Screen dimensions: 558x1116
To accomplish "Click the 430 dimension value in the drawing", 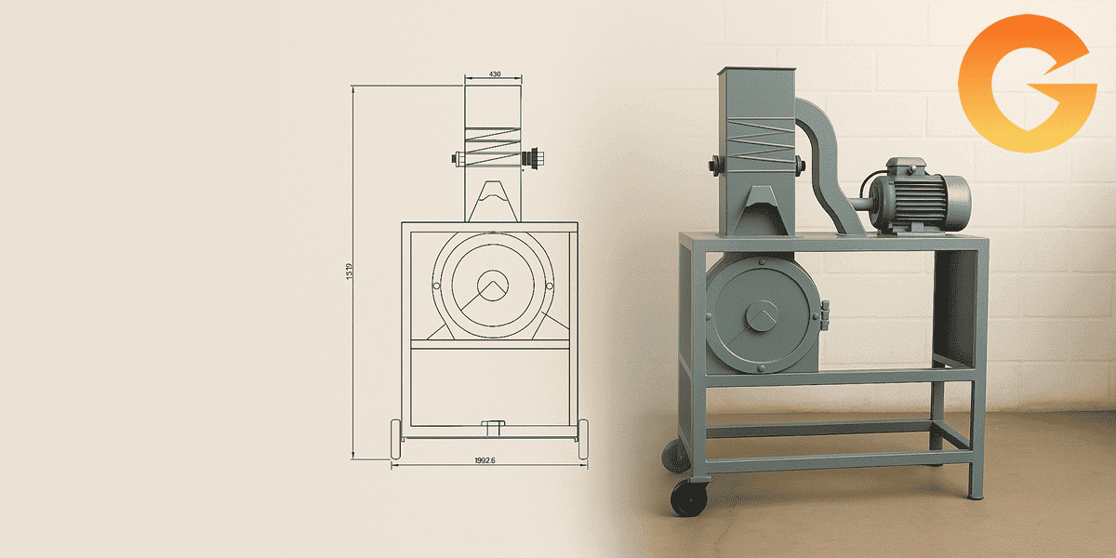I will pos(495,73).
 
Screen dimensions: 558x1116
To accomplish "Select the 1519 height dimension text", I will pos(349,272).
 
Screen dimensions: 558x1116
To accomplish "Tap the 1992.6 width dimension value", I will pos(485,460).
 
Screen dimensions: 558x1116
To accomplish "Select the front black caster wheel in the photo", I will pos(688,497).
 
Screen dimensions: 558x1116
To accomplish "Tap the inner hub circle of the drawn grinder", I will pos(494,282).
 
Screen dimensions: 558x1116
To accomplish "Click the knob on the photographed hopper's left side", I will pos(713,166).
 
